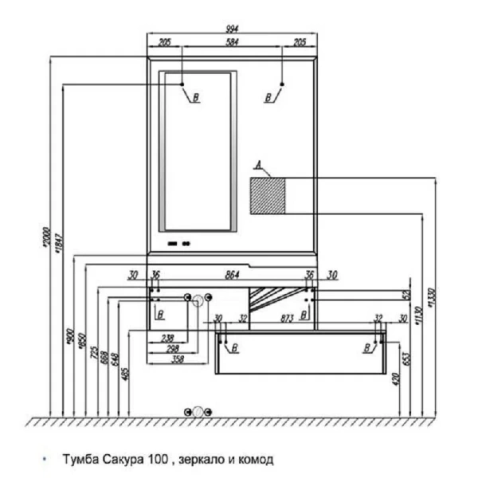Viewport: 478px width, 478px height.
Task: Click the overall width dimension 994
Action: (233, 28)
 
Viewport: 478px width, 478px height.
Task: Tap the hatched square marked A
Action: (268, 195)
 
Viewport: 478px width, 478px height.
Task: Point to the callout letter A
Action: (257, 166)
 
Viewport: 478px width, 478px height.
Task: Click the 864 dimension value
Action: (233, 275)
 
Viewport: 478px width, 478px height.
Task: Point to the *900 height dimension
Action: (72, 335)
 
